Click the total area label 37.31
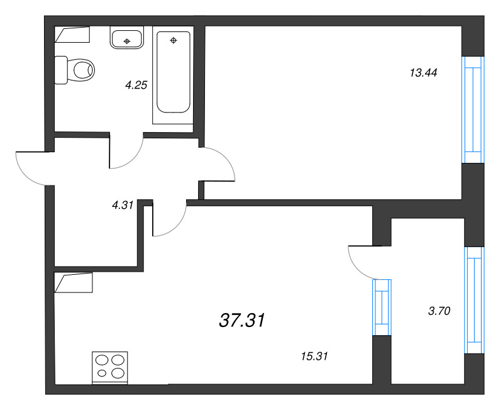(x=242, y=321)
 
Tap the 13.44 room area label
(x=423, y=72)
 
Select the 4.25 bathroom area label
(x=136, y=86)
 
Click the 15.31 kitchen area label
(x=315, y=356)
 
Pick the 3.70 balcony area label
(x=439, y=309)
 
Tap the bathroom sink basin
(x=127, y=39)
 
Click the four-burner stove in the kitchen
(x=110, y=367)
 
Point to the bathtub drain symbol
(x=174, y=41)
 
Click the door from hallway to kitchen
(x=169, y=221)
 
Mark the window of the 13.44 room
(x=473, y=110)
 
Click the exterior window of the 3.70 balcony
(x=474, y=299)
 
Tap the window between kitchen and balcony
(x=382, y=307)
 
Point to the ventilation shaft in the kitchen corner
(x=74, y=282)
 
